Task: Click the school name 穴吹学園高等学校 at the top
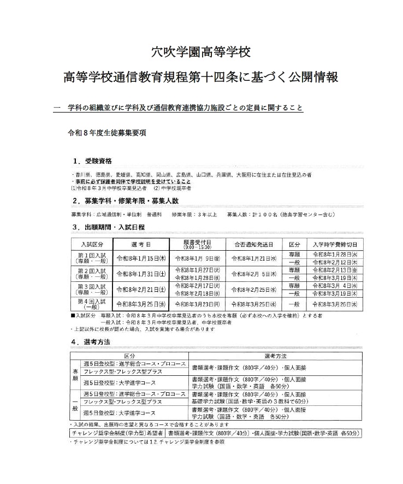tap(201, 52)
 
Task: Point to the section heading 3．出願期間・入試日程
tap(108, 227)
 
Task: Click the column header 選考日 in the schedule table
tap(139, 244)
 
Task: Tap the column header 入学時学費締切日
tap(334, 244)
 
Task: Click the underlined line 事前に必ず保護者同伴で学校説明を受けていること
tap(132, 181)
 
